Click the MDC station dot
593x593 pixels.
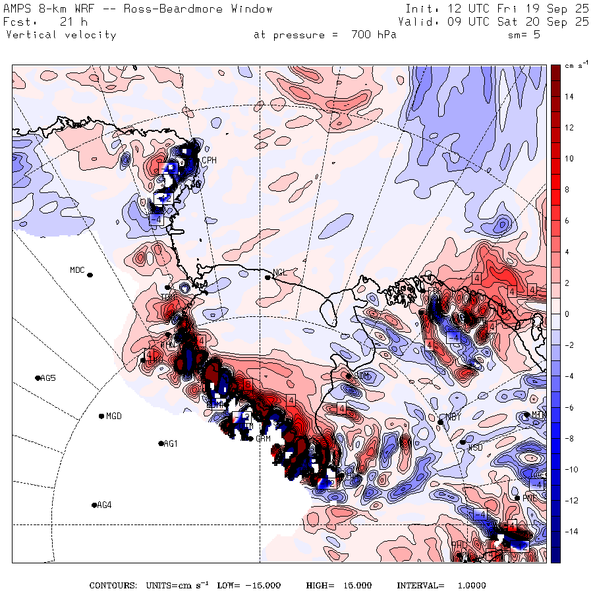(90, 275)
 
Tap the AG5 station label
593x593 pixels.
(48, 378)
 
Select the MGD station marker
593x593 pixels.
(101, 416)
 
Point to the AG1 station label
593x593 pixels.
(171, 444)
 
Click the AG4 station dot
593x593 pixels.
(94, 505)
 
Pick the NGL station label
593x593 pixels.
(280, 272)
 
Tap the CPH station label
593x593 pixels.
(209, 160)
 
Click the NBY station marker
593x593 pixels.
(440, 422)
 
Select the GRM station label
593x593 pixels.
(264, 439)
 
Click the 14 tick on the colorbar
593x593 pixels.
(568, 96)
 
